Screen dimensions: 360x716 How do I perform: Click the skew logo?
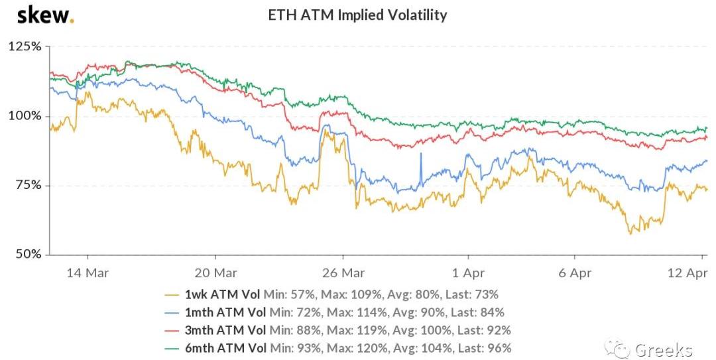tap(44, 15)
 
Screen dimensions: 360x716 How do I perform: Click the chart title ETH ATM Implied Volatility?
tap(357, 15)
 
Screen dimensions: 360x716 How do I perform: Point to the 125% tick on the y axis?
tap(25, 47)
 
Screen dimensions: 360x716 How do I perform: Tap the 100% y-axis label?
tap(25, 116)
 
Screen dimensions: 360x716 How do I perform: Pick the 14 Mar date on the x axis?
tap(88, 272)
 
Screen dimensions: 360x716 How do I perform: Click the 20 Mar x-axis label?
tap(215, 272)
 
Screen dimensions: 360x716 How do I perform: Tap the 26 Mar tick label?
tap(342, 272)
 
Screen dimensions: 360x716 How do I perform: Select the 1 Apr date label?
tap(468, 272)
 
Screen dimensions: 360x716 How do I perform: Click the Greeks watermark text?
tap(663, 349)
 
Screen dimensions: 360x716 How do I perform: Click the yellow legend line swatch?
tap(174, 294)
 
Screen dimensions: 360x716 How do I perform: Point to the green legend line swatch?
tap(174, 347)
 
